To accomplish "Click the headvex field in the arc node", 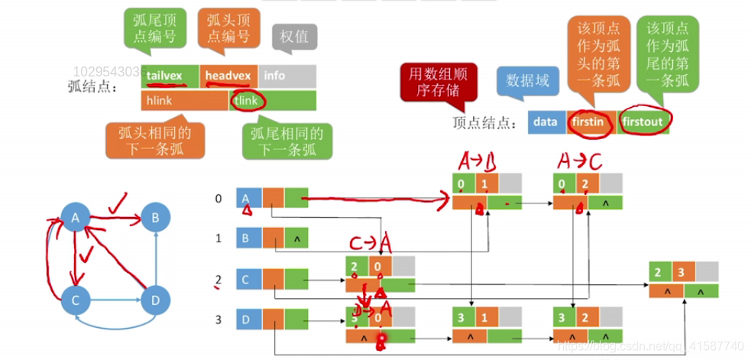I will (x=228, y=76).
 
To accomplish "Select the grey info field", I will (x=286, y=76).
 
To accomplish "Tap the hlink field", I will (x=184, y=100).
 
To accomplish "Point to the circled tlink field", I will (x=247, y=100).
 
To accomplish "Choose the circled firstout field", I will (x=646, y=121).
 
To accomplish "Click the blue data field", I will (x=545, y=121).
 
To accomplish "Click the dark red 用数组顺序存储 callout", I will (x=438, y=83).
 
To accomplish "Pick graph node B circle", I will (x=155, y=219).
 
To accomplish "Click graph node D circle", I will (x=155, y=300).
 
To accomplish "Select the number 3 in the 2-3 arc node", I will (x=684, y=271).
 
